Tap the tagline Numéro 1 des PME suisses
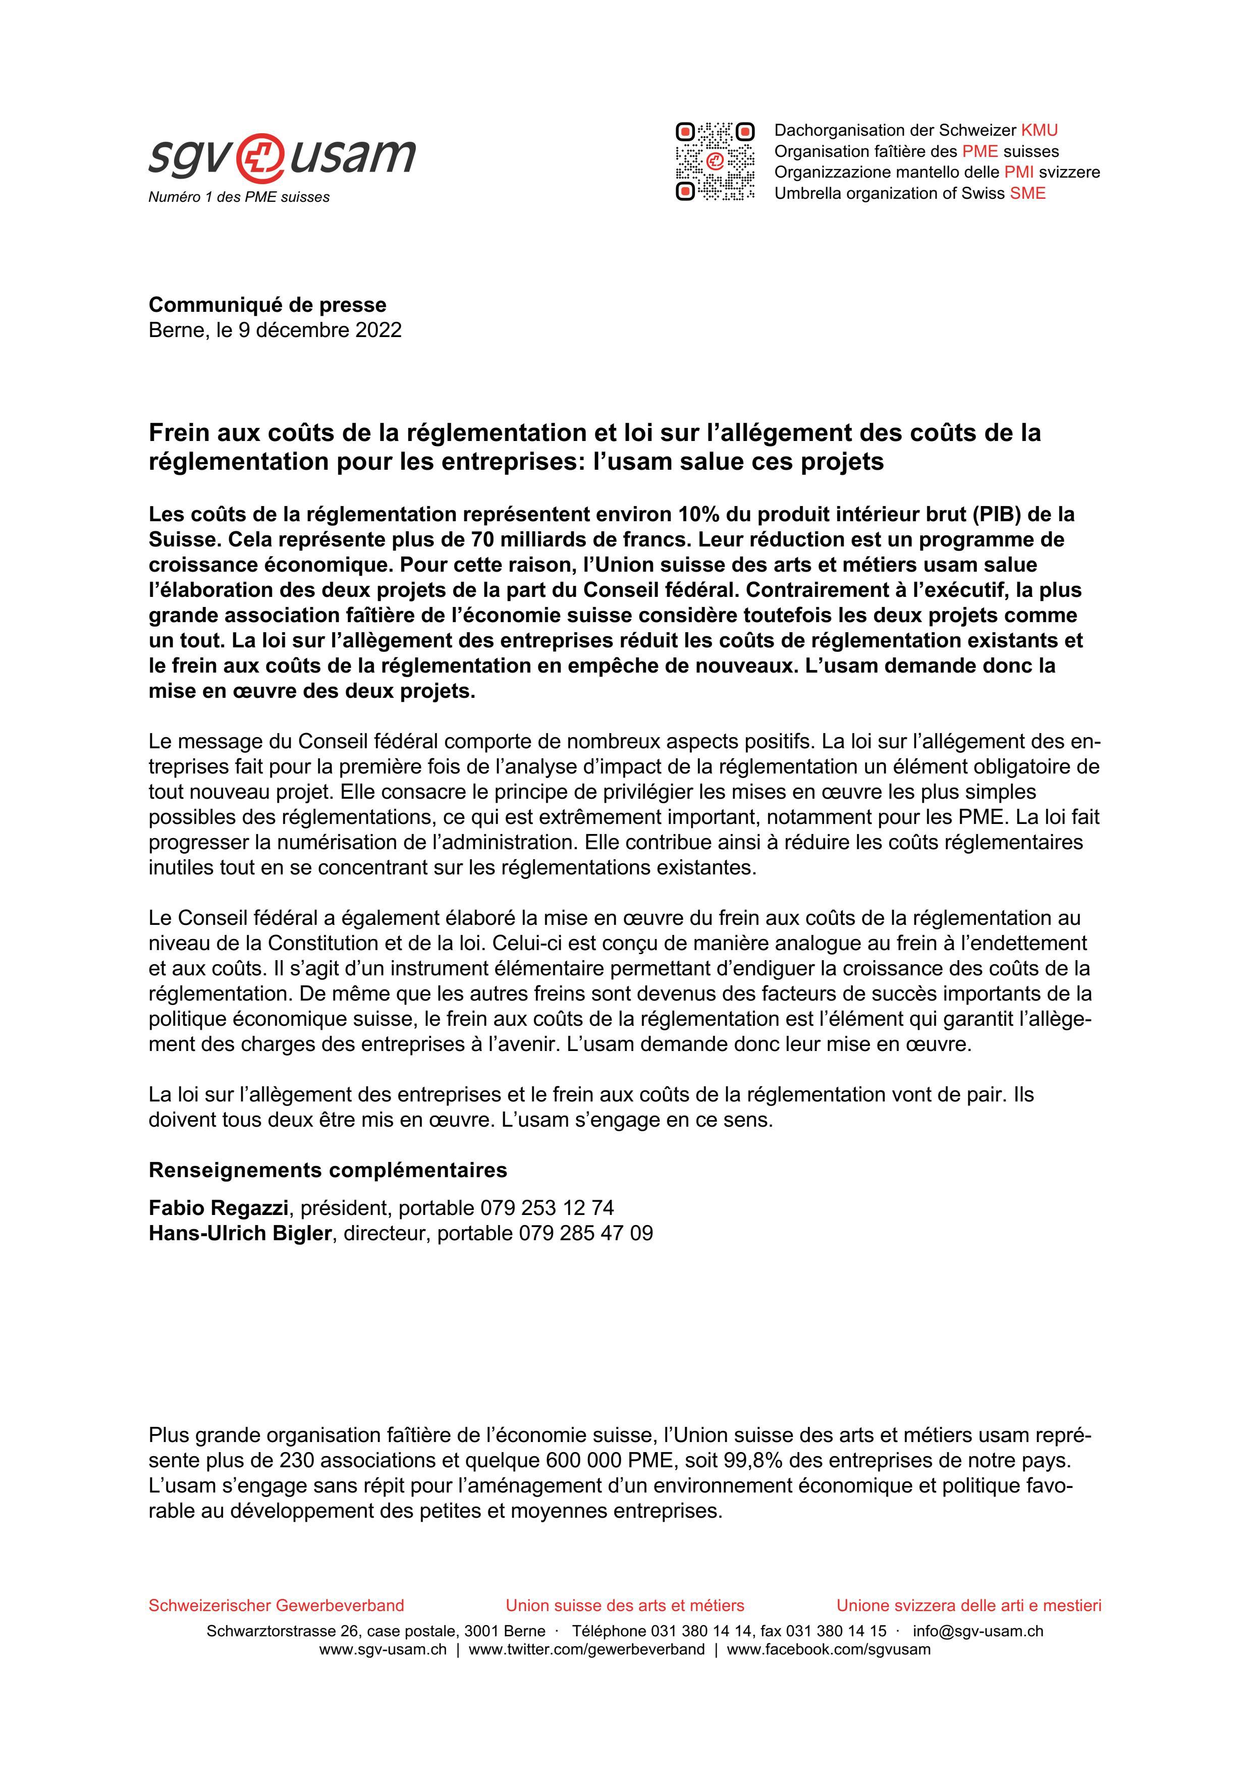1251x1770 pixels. (239, 197)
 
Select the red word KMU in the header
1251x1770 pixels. (1039, 130)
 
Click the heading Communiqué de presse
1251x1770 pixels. (267, 305)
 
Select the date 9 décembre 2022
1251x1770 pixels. (320, 330)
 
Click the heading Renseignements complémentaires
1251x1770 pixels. (328, 1170)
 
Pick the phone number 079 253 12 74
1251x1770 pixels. (547, 1208)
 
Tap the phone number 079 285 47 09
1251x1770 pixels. (586, 1234)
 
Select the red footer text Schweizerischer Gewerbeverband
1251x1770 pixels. (276, 1606)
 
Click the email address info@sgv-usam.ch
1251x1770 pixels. (977, 1631)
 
